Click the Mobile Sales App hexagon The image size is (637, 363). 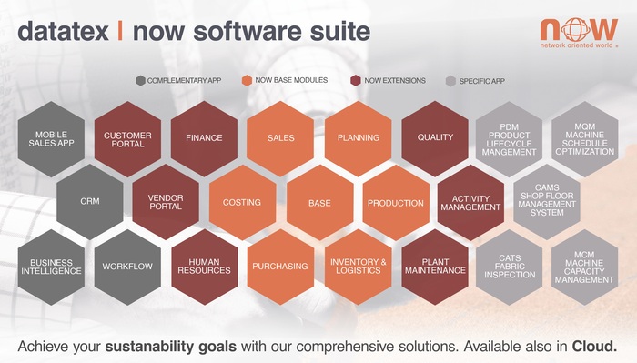click(51, 139)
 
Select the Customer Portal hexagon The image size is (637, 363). click(127, 139)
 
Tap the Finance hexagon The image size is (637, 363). click(204, 138)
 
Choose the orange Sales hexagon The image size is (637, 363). click(280, 138)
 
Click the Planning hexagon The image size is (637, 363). click(358, 138)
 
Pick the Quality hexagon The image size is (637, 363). click(435, 138)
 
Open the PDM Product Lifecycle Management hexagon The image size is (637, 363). click(510, 139)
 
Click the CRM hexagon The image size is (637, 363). click(90, 202)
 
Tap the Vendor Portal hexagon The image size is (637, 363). click(166, 202)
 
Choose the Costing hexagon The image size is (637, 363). click(242, 202)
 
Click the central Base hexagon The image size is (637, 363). click(319, 202)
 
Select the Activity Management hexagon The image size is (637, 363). click(470, 202)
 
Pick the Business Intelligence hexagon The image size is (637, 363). click(51, 266)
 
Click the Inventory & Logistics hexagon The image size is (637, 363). click(358, 266)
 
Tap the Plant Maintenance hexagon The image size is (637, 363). click(435, 266)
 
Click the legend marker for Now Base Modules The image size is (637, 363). click(247, 80)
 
